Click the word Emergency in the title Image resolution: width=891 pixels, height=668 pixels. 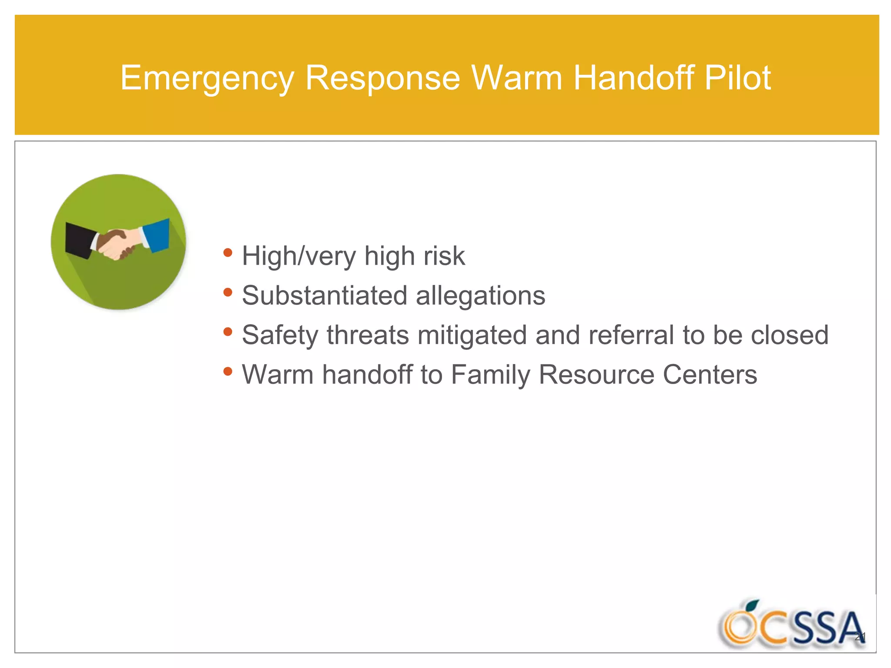[x=207, y=78]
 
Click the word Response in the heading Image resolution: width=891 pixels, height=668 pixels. [x=382, y=78]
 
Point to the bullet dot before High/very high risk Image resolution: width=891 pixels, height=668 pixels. [x=228, y=253]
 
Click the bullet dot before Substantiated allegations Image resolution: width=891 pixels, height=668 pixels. [x=228, y=292]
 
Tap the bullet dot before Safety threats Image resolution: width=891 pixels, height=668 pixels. [x=228, y=332]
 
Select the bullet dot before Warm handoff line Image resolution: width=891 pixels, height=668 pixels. [x=228, y=371]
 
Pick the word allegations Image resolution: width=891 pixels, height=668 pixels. [x=480, y=296]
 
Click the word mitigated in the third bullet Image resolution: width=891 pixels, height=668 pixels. [x=472, y=336]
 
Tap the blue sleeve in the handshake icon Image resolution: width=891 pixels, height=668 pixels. [x=157, y=235]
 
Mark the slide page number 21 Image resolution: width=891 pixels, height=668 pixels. [x=860, y=638]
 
